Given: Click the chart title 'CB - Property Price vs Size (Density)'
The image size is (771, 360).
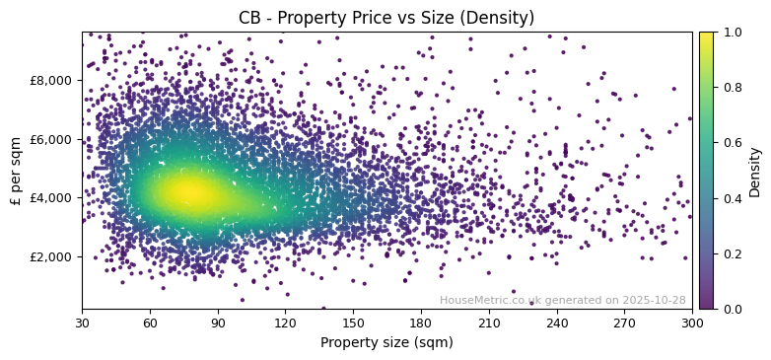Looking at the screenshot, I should click(386, 18).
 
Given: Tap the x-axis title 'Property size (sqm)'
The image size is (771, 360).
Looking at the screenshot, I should click(386, 343).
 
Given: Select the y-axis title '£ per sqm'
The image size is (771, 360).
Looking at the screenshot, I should click(16, 171).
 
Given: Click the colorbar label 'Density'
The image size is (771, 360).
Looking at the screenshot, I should click(755, 171).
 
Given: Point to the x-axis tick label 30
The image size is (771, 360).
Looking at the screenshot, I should click(82, 323).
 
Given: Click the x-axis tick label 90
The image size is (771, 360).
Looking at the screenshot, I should click(218, 323).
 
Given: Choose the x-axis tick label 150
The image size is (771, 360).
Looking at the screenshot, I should click(353, 323).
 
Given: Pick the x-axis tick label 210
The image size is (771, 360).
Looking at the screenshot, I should click(489, 323).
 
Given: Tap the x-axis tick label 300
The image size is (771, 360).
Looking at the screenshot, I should click(692, 323).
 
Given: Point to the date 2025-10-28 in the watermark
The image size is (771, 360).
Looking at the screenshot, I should click(655, 301).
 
